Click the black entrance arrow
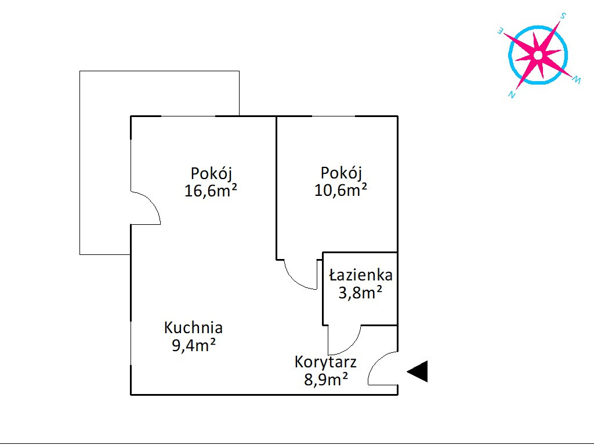pyautogui.click(x=418, y=371)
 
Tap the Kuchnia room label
pyautogui.click(x=193, y=327)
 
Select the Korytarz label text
pyautogui.click(x=325, y=362)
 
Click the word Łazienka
pyautogui.click(x=360, y=275)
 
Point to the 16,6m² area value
pyautogui.click(x=211, y=191)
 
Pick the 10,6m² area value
pyautogui.click(x=341, y=190)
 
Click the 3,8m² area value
pyautogui.click(x=360, y=293)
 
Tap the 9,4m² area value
pyautogui.click(x=193, y=346)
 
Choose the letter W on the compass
pyautogui.click(x=576, y=81)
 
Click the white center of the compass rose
pyautogui.click(x=538, y=55)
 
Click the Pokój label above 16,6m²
pyautogui.click(x=211, y=173)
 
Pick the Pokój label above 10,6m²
pyautogui.click(x=341, y=173)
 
